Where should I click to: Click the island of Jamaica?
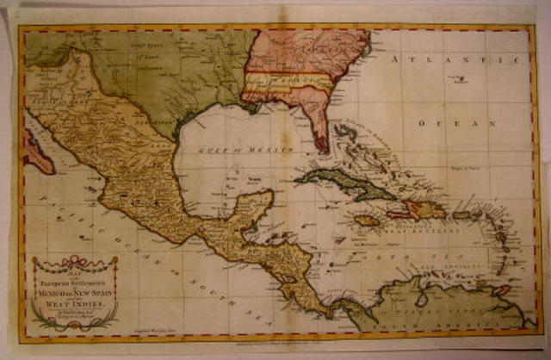click(x=367, y=220)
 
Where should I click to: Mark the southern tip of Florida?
click(x=321, y=146)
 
